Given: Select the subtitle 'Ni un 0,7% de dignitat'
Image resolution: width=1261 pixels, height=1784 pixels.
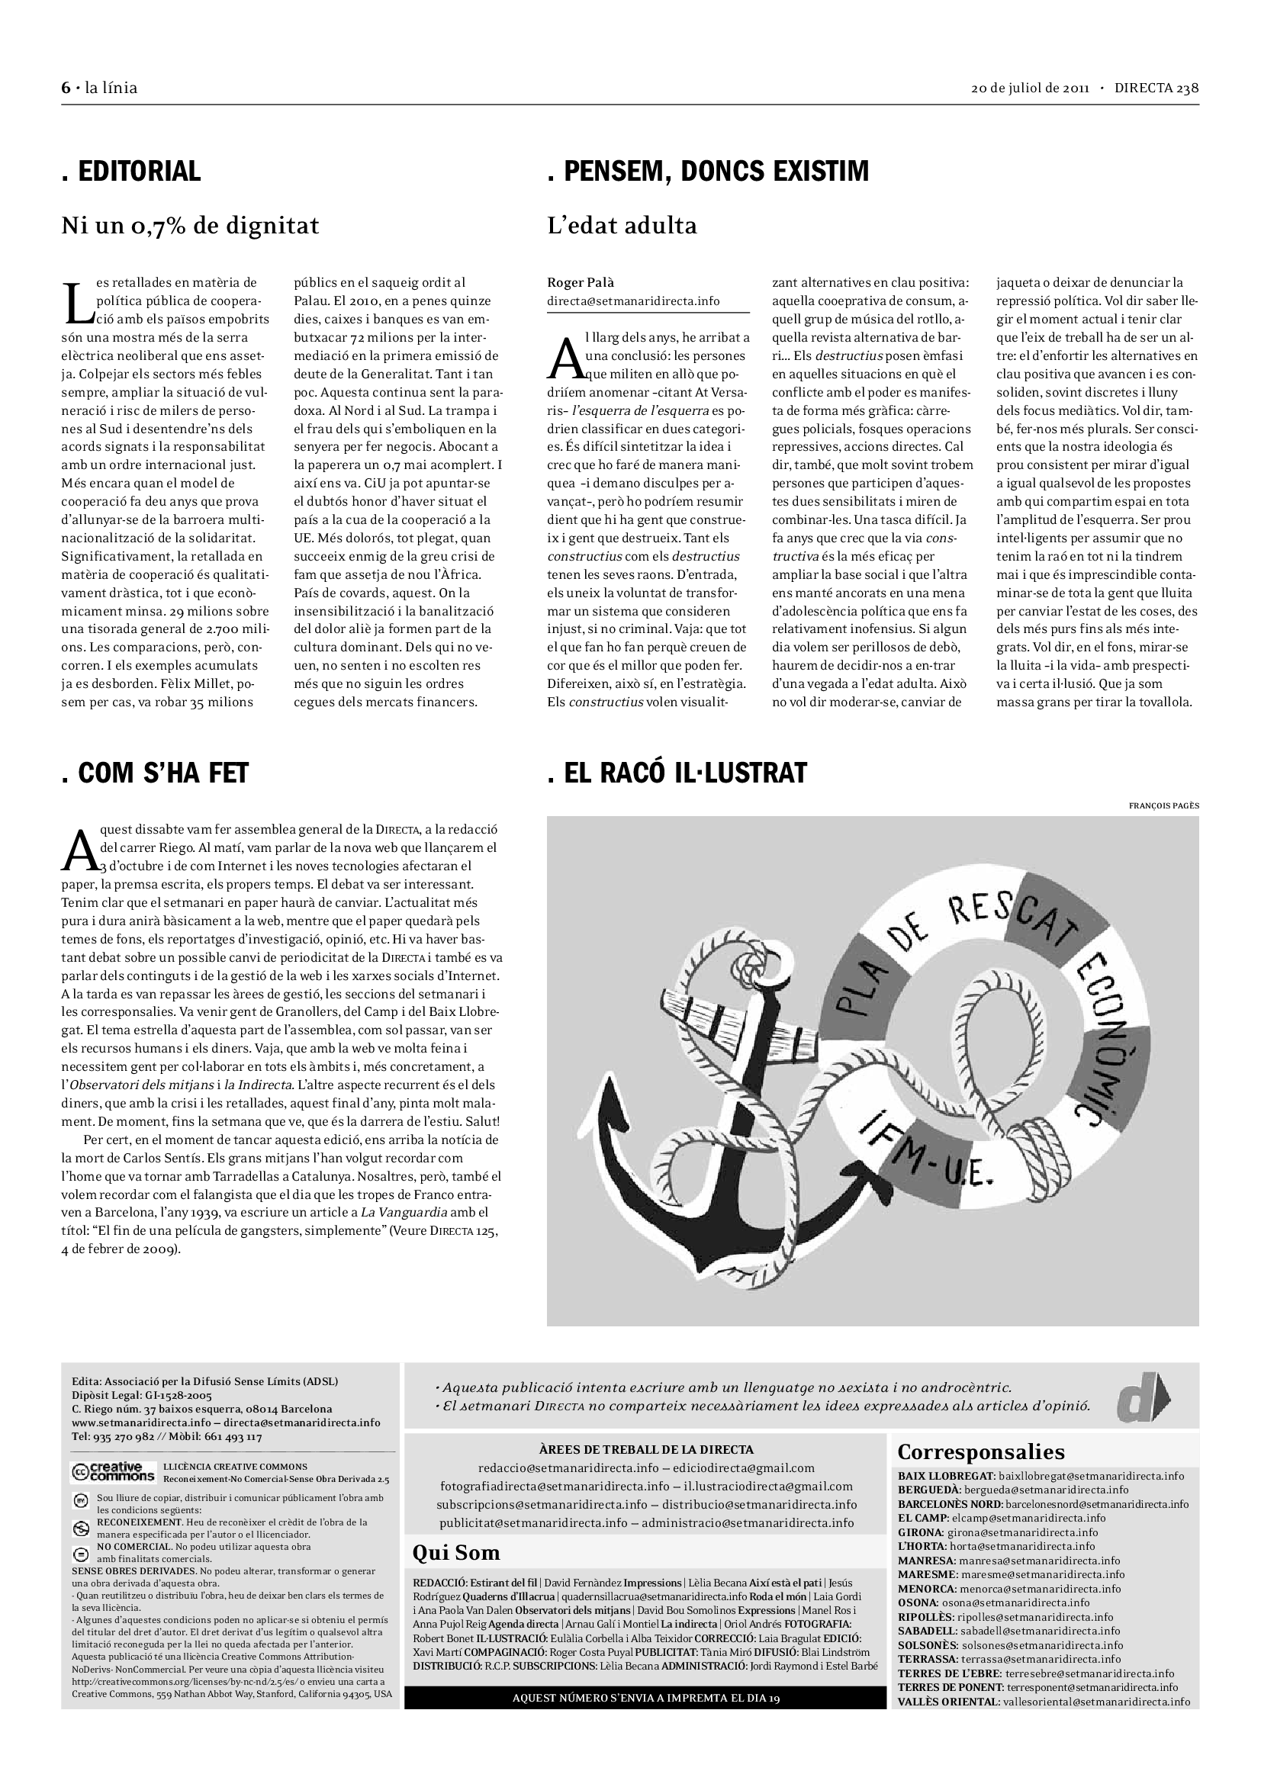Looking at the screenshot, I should point(191,225).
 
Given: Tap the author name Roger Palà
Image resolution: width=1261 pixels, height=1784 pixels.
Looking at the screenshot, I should point(581,283).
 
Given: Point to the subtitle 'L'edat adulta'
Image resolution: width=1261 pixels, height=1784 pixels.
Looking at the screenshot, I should point(622,225).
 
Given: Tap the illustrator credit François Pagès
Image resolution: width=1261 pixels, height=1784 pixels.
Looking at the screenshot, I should point(1163,805).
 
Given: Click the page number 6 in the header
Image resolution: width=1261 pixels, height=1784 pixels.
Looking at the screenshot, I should point(66,88).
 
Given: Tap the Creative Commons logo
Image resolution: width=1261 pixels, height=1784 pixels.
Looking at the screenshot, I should point(113,1471).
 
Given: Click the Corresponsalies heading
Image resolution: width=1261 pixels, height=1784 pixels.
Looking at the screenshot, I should point(980,1451).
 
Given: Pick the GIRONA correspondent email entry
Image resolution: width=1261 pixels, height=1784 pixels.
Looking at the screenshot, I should point(998,1532).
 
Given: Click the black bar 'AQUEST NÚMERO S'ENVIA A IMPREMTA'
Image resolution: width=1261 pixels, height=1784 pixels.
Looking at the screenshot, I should point(645,1698).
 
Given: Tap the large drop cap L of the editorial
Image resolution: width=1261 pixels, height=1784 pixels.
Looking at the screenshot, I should point(78,302).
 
